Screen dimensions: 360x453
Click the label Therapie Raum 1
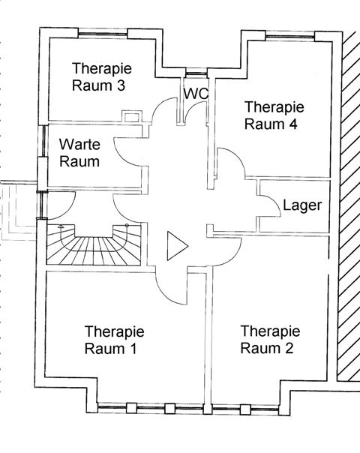(x=115, y=340)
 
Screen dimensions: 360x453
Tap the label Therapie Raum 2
(x=270, y=340)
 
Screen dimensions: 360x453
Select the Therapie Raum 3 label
(x=102, y=76)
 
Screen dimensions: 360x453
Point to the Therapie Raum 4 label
(x=274, y=115)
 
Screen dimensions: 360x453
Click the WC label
(x=196, y=94)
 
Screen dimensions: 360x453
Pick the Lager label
(x=302, y=205)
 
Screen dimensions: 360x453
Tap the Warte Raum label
(x=79, y=153)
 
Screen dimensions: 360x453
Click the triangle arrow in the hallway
(x=178, y=246)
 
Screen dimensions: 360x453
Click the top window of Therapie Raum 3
(x=103, y=34)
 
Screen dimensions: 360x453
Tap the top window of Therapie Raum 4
(x=289, y=37)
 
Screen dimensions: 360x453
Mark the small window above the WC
(x=196, y=73)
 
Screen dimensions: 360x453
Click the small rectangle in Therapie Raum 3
(x=132, y=117)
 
